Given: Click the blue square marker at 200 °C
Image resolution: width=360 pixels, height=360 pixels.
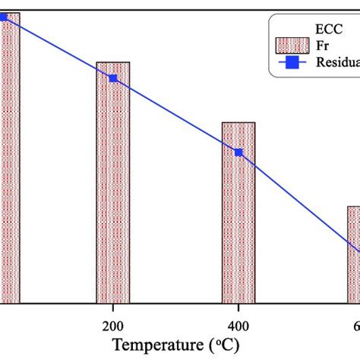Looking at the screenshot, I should [113, 78].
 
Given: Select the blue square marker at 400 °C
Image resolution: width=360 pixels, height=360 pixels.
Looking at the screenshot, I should [238, 153].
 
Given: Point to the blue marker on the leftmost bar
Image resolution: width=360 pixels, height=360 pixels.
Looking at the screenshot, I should [3, 16].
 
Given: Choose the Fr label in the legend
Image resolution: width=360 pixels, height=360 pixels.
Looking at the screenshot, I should [322, 45].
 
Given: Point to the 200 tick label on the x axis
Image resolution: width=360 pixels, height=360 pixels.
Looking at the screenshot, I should [112, 321].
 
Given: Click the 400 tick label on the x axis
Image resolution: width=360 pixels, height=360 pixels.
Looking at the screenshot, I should [238, 321].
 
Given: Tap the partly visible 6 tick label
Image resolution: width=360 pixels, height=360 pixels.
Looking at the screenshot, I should [356, 321].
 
